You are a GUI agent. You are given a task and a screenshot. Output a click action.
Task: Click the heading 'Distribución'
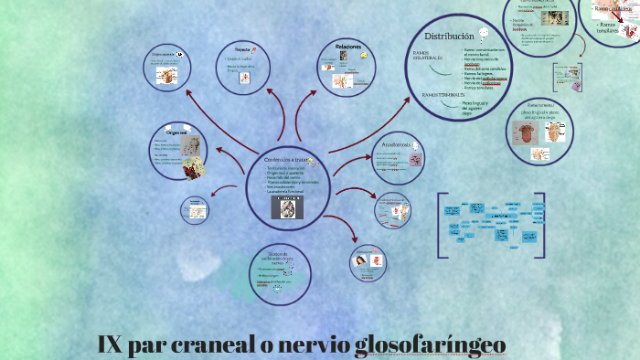click(449, 36)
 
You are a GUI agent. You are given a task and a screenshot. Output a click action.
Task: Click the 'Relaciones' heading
click(348, 46)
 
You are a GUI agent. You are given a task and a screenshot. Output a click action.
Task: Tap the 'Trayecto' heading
click(243, 48)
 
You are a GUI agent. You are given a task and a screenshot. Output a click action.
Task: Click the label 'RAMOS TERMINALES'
click(443, 94)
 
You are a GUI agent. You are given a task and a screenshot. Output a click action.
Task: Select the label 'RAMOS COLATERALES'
click(427, 56)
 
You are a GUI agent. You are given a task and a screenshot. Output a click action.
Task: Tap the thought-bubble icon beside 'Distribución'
click(485, 34)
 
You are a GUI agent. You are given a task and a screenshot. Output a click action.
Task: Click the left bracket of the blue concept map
click(441, 225)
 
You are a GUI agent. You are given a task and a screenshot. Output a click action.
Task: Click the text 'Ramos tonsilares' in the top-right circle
click(613, 28)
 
